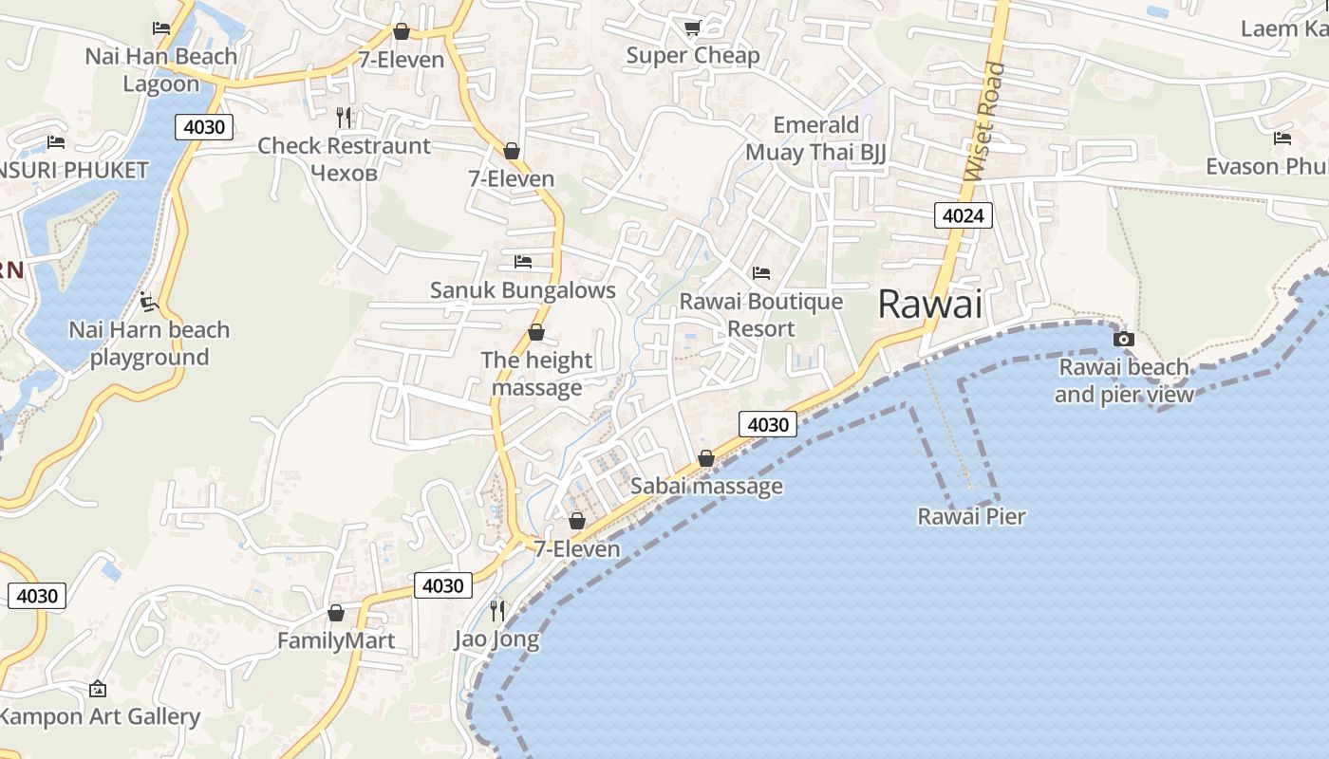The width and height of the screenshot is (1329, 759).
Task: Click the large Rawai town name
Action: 929,304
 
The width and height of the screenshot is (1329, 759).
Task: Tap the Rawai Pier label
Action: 971,517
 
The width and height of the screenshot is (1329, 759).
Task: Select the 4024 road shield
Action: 963,215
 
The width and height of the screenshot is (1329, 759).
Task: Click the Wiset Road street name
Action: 983,121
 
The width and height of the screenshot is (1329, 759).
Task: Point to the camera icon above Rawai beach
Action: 1123,339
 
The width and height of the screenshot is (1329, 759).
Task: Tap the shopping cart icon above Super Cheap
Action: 692,28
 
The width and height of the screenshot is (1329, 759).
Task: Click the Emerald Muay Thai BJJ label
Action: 815,139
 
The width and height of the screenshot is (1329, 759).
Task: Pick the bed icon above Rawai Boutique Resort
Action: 761,273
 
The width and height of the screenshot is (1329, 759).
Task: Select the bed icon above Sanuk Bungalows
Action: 522,262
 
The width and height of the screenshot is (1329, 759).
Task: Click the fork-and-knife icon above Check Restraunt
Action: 344,118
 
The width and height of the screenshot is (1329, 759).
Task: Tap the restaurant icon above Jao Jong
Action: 497,610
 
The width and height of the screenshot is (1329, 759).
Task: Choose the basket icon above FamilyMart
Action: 335,613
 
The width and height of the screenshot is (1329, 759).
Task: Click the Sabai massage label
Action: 706,487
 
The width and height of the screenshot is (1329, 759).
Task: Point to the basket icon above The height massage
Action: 536,332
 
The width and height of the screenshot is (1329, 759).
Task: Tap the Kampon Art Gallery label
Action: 100,716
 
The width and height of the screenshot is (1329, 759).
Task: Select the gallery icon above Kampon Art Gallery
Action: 97,688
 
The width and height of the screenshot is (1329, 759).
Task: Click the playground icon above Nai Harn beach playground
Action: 148,303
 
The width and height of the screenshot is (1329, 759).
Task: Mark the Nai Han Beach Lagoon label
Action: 161,69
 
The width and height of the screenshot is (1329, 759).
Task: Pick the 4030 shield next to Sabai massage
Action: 767,424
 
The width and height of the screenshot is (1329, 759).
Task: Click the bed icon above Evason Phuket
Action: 1282,139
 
